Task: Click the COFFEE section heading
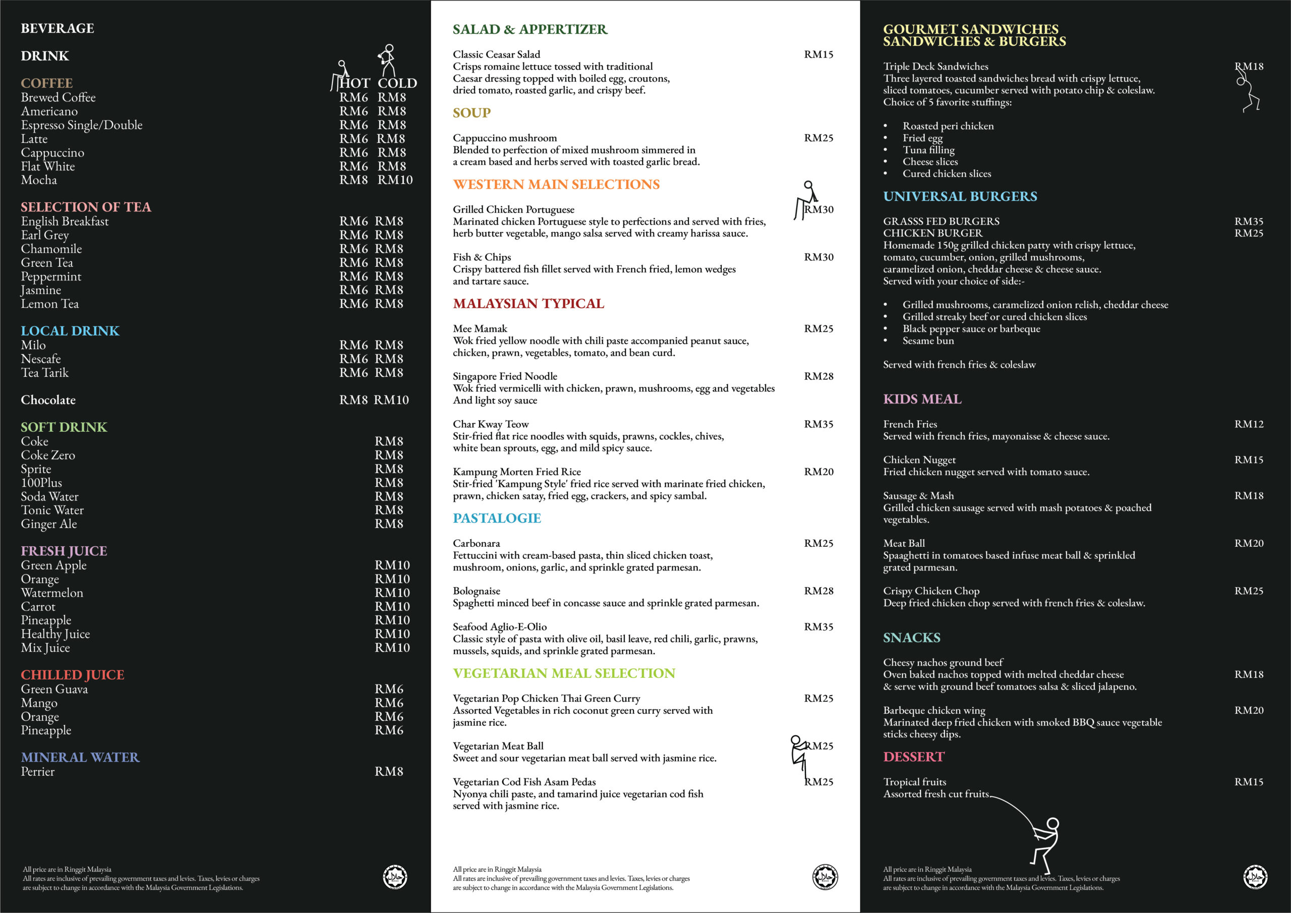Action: click(47, 83)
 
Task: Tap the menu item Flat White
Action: click(48, 166)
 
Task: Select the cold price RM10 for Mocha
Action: click(395, 180)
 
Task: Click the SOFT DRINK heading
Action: click(64, 427)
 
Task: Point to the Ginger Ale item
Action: click(49, 524)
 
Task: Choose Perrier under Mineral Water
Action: click(38, 772)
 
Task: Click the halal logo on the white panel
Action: click(825, 877)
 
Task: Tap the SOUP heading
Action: click(472, 113)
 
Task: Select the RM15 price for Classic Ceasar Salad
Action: click(818, 54)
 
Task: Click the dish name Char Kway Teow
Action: click(491, 424)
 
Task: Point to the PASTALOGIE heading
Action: click(497, 518)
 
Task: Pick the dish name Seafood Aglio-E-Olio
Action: click(500, 626)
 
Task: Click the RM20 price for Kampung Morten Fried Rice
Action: click(818, 472)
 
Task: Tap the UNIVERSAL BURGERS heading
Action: click(960, 196)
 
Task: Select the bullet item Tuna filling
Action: click(928, 150)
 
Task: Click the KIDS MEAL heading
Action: click(922, 399)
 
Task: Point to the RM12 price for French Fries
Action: click(1248, 424)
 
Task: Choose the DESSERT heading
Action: click(914, 757)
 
